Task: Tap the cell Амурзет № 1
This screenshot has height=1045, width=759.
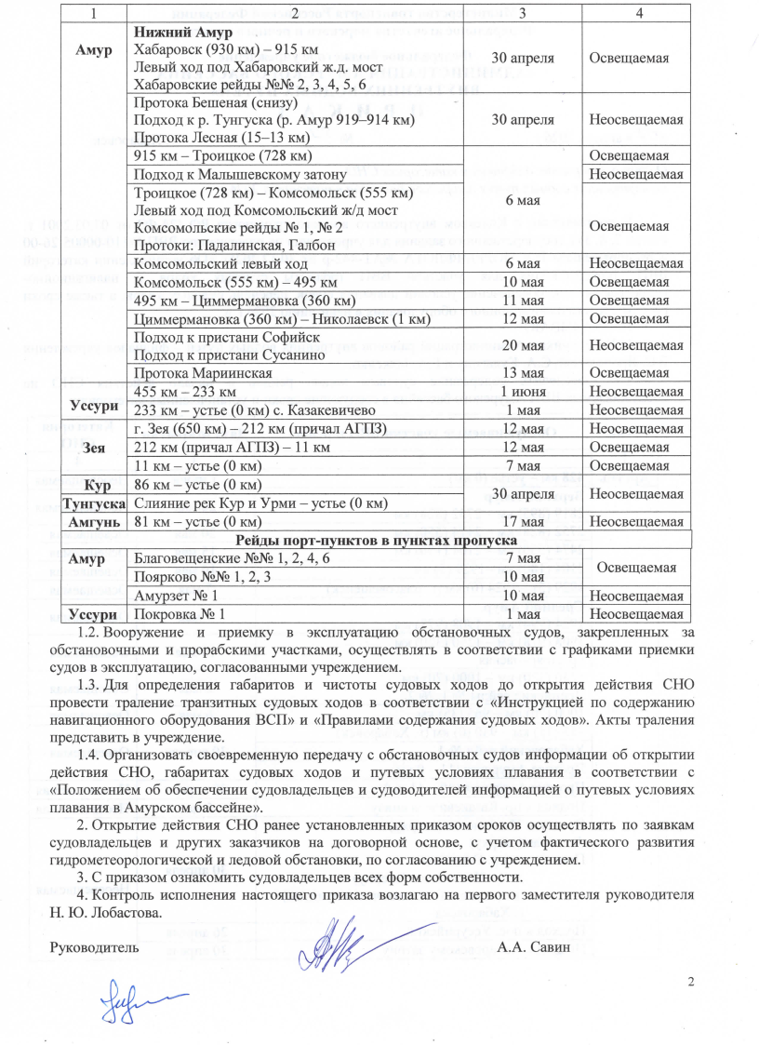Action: coord(177,596)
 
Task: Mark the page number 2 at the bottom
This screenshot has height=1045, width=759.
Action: coord(690,983)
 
